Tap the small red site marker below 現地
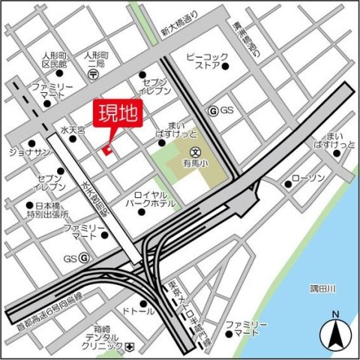pyautogui.click(x=107, y=152)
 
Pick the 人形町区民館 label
pyautogui.click(x=34, y=60)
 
